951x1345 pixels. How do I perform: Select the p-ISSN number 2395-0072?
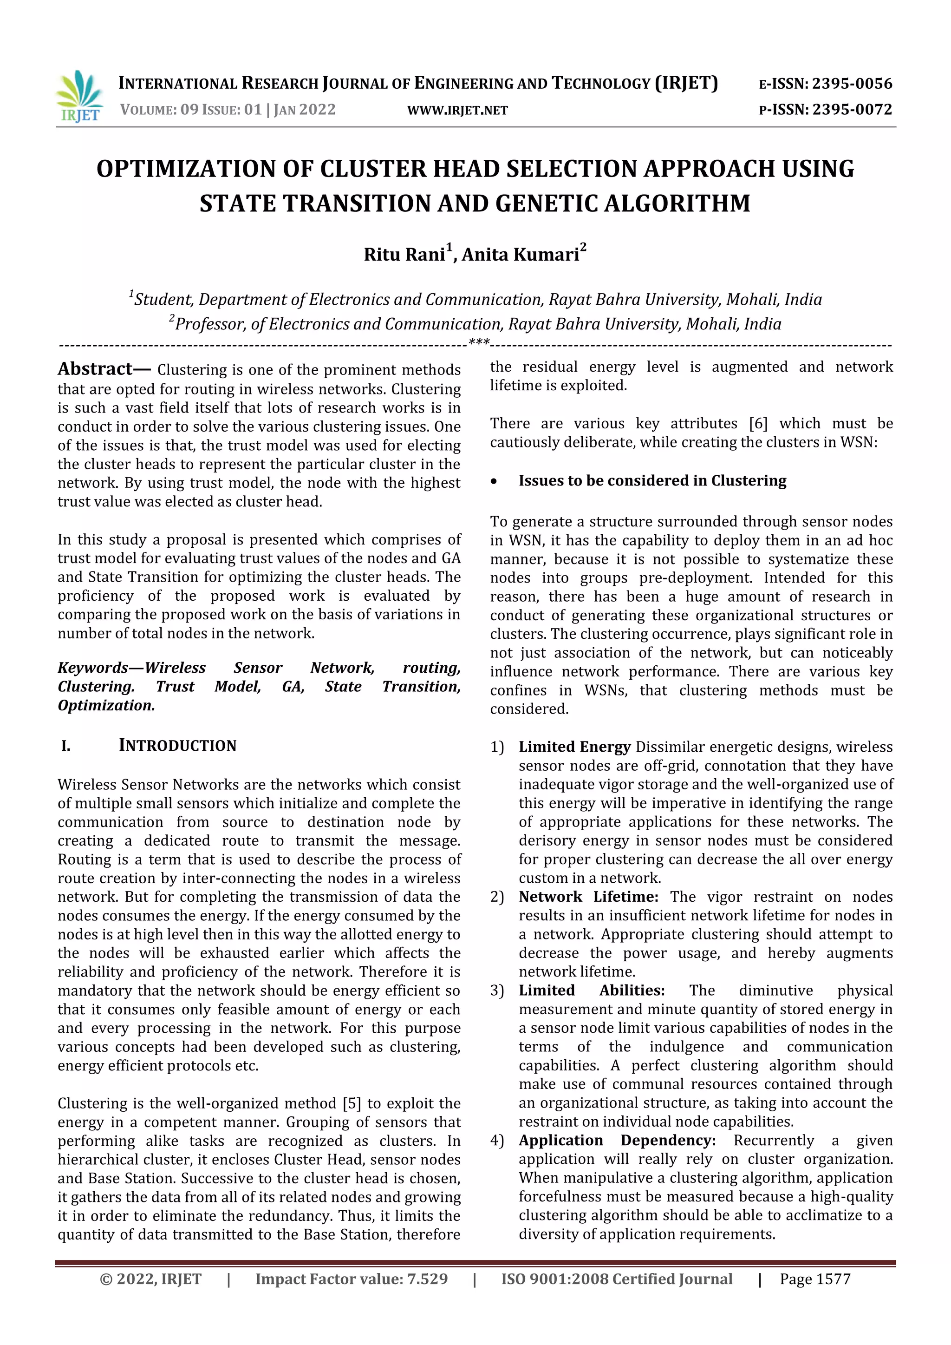point(852,110)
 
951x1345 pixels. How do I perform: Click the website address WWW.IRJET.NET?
point(457,110)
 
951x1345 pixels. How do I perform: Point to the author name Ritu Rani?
point(404,254)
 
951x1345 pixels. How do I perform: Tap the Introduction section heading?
point(177,745)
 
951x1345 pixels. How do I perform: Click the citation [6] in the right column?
point(758,424)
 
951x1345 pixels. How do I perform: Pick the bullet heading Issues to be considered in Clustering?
point(652,481)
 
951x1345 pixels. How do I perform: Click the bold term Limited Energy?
point(574,747)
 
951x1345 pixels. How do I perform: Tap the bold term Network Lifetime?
point(588,897)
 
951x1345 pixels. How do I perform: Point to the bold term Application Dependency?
point(617,1141)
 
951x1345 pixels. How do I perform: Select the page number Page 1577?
point(814,1279)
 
